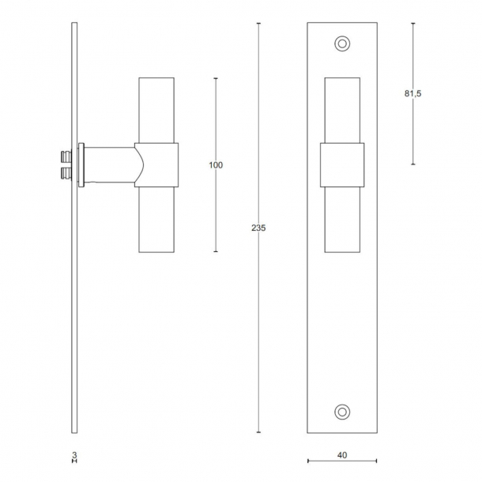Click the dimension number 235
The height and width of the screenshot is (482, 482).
coord(258,228)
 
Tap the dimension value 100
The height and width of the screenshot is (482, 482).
coord(216,165)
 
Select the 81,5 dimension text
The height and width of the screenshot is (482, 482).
coord(412,93)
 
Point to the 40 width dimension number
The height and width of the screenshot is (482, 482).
coord(342,455)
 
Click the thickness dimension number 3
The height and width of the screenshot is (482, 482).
coord(74,455)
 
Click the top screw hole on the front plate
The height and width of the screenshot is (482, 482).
coord(342,43)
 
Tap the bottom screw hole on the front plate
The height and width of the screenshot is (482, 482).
coord(342,412)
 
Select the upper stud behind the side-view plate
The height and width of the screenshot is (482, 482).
coord(66,156)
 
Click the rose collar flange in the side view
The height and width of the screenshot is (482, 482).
coord(81,165)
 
